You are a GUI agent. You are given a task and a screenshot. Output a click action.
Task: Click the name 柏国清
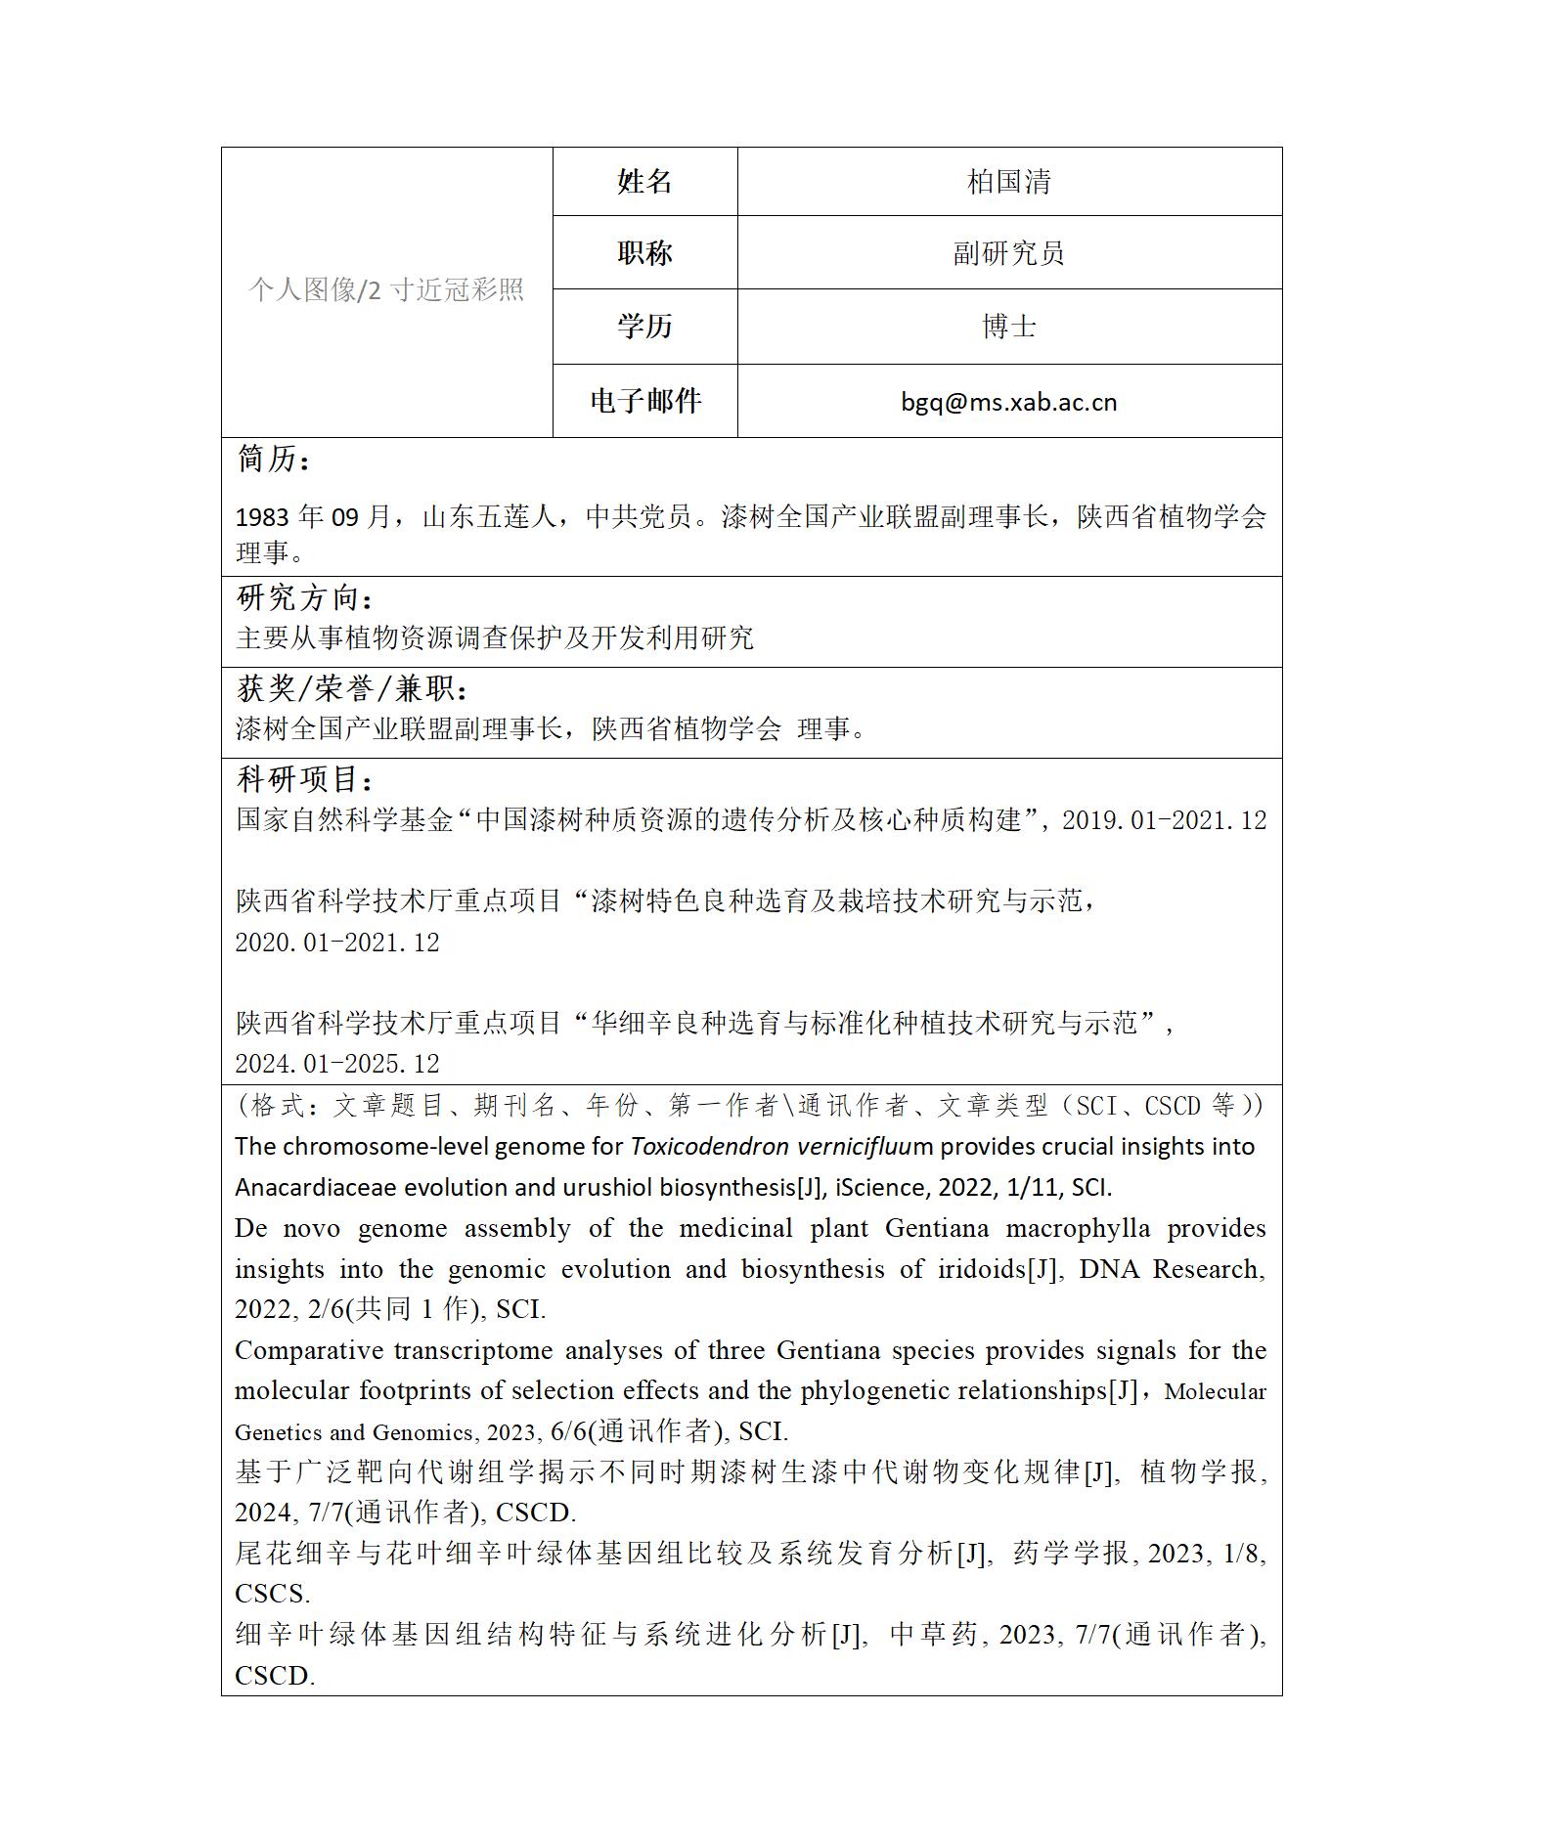tap(1008, 182)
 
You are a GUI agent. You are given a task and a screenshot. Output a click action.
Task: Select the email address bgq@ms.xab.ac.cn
tap(1008, 402)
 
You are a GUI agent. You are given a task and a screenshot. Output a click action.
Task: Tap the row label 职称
tap(644, 253)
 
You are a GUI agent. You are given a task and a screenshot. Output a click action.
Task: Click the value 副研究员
tap(1008, 253)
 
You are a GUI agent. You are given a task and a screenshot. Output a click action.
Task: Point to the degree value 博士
tap(1008, 327)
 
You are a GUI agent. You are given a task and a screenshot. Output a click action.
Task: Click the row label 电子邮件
tap(644, 401)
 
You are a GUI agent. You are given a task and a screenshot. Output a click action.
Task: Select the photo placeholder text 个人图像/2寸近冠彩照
tap(386, 289)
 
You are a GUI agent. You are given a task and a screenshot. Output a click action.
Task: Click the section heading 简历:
tap(274, 459)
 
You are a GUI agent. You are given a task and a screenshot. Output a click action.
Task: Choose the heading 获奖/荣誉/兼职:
tap(353, 688)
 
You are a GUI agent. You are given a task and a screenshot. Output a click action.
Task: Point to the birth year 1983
tap(262, 516)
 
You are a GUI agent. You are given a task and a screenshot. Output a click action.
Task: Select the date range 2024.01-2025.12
tap(336, 1064)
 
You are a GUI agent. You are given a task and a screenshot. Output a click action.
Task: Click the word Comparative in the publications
tap(307, 1350)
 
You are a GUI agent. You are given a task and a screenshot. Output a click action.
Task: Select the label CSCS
tap(272, 1594)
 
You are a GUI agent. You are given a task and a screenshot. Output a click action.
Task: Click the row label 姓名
tap(644, 182)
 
